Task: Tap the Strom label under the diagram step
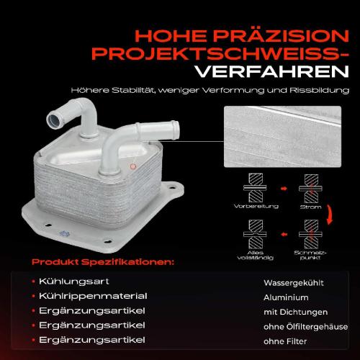310,207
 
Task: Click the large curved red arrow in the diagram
330,215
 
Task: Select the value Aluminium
286,297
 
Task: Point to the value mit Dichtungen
296,312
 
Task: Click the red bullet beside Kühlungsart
34,282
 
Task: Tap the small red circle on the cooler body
132,166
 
